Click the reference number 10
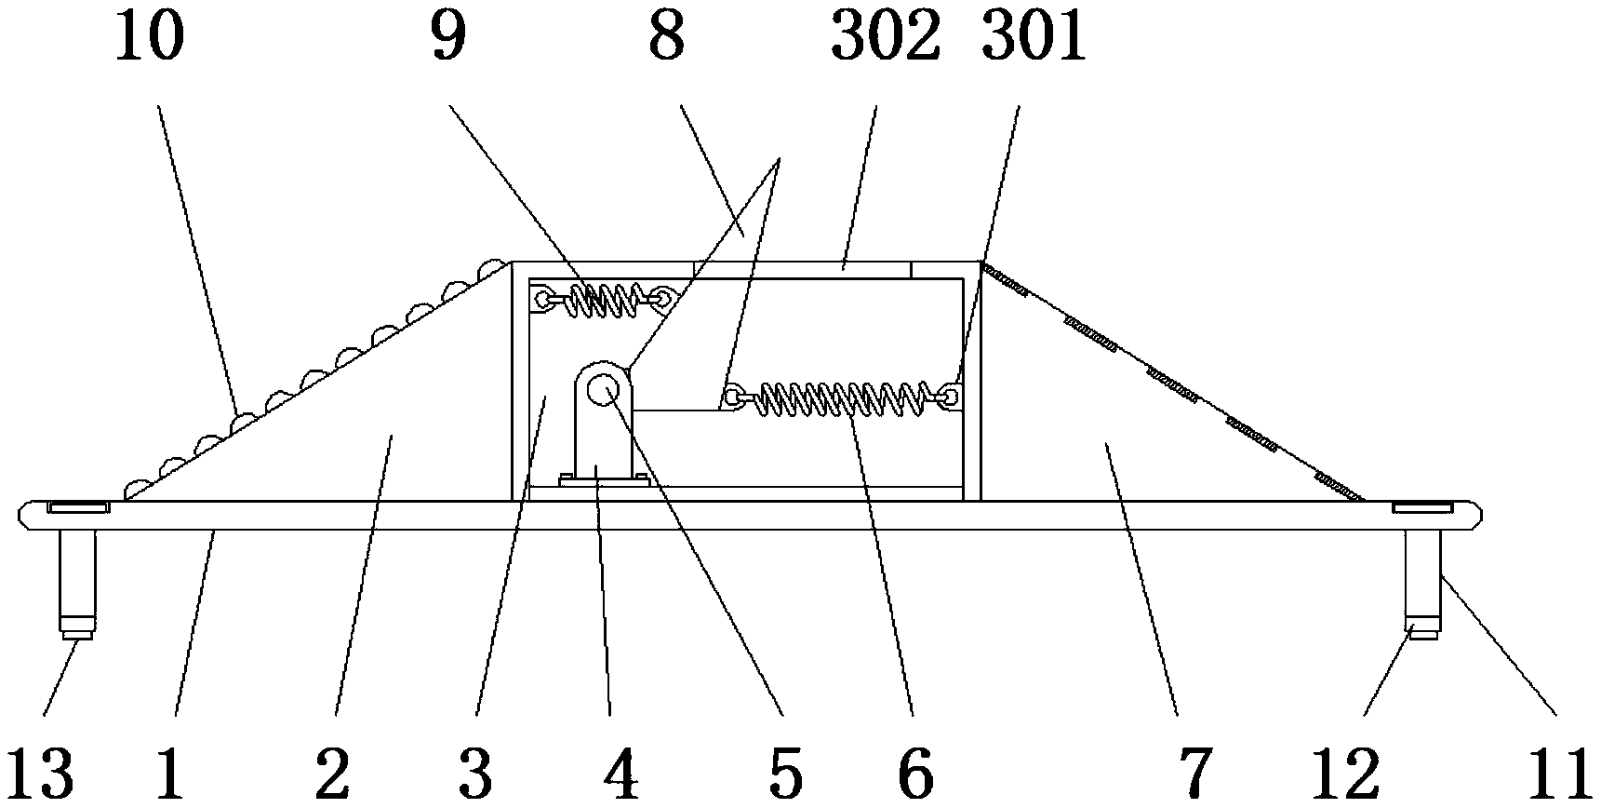(150, 38)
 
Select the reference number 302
(886, 38)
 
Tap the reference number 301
(1034, 38)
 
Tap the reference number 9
(448, 38)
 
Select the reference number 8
(666, 38)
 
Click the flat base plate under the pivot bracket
(604, 480)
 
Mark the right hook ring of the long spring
(949, 397)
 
